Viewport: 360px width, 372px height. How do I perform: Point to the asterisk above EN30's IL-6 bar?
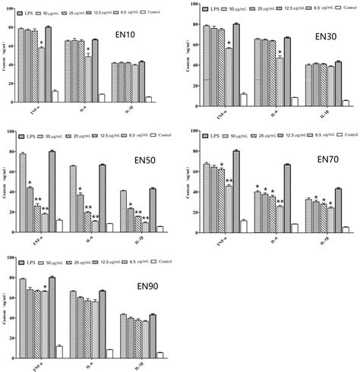click(x=281, y=52)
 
